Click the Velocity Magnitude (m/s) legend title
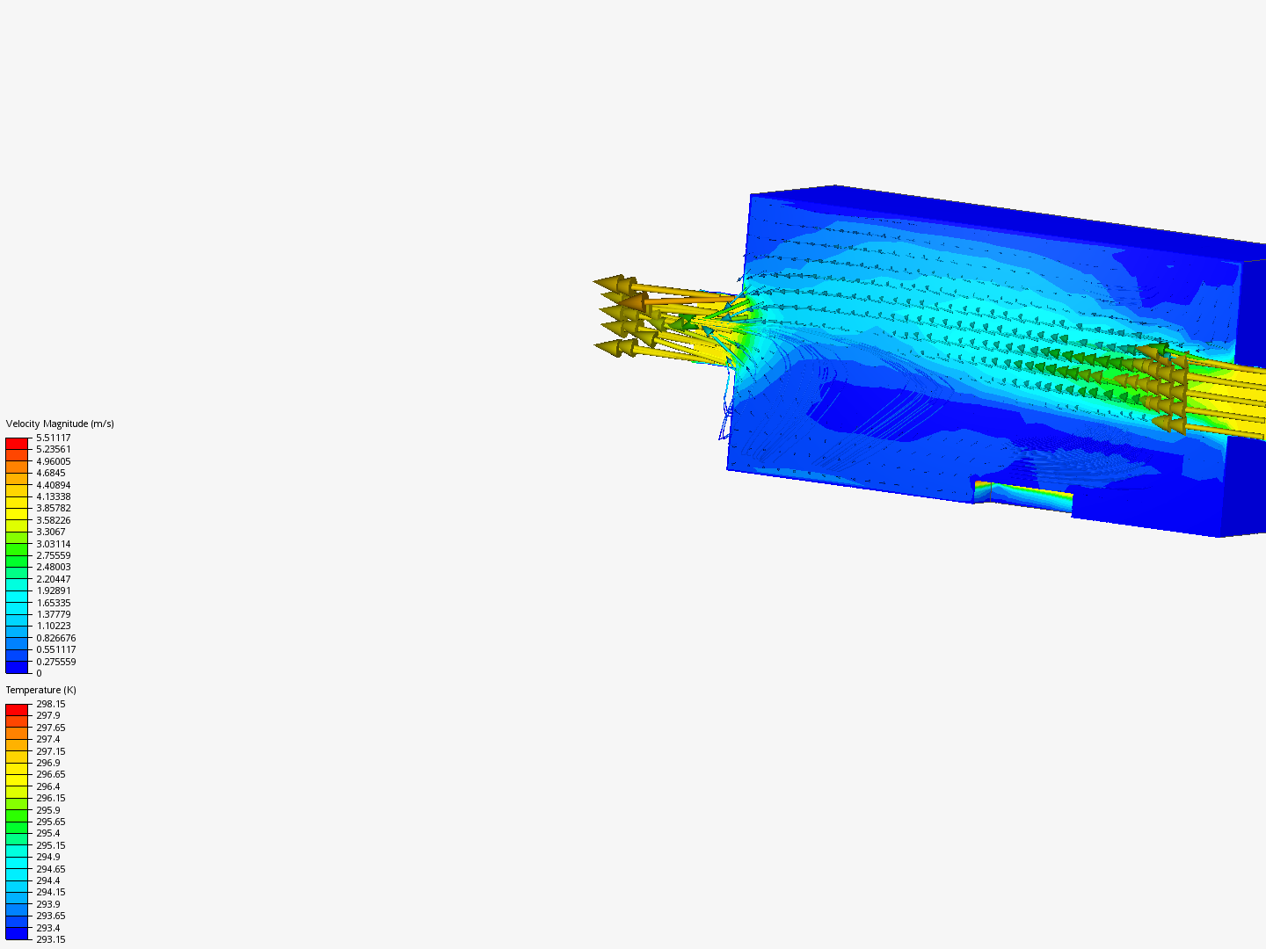click(x=60, y=424)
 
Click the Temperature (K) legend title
click(x=41, y=691)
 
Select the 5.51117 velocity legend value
click(x=53, y=438)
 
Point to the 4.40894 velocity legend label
click(x=53, y=485)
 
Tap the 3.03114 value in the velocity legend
click(x=53, y=544)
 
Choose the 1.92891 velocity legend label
click(x=53, y=590)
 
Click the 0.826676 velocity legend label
click(x=56, y=638)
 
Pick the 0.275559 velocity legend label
click(x=56, y=662)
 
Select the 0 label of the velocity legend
click(x=40, y=673)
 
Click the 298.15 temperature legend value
click(x=51, y=704)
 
